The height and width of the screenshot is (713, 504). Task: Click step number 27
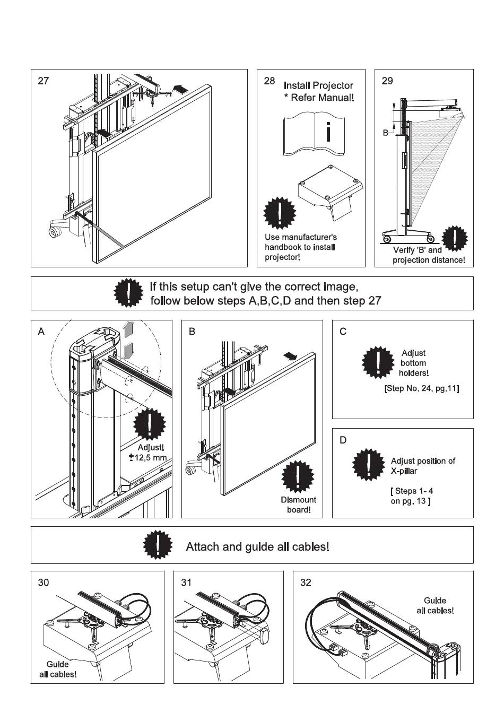(44, 81)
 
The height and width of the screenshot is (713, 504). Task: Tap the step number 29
(387, 81)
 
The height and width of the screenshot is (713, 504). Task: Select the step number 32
(306, 582)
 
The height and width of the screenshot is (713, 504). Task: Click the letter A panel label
(41, 332)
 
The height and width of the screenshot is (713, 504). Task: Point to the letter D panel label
(343, 440)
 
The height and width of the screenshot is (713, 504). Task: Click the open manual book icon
(314, 134)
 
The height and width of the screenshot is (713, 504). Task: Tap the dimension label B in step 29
(386, 133)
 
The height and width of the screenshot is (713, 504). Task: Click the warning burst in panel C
(378, 362)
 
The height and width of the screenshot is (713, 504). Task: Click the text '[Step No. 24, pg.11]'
(421, 389)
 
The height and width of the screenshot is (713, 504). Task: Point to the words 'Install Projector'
(318, 85)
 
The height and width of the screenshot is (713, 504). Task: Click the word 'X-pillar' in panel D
(404, 471)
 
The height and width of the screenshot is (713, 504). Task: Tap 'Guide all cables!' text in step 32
(435, 605)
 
